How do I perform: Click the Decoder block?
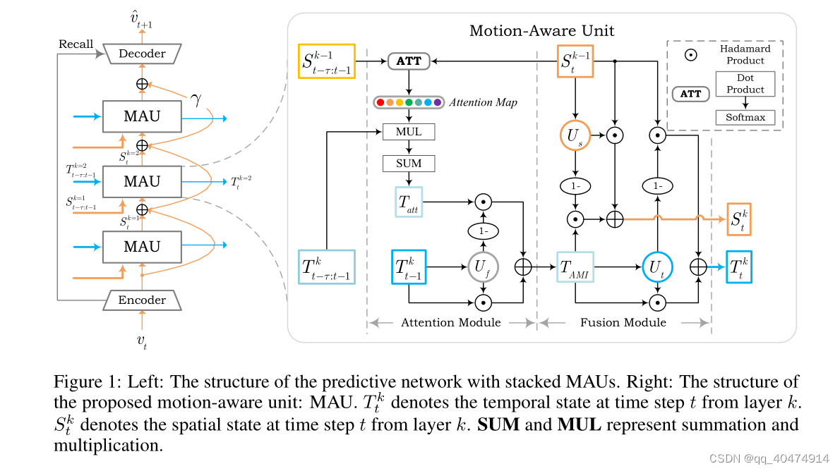point(143,54)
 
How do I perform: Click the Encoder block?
point(142,300)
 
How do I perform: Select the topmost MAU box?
point(142,116)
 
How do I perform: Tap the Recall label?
point(76,44)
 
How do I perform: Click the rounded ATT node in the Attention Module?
point(409,61)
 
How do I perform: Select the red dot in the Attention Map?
point(381,102)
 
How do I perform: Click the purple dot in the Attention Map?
point(438,102)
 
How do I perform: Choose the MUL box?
point(409,132)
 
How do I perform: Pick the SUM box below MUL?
point(409,164)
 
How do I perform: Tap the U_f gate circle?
point(483,267)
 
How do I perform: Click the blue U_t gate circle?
point(658,267)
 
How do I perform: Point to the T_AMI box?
point(576,267)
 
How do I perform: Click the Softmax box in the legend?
point(745,117)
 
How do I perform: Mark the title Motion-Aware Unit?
point(541,31)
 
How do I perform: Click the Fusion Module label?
point(623,322)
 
